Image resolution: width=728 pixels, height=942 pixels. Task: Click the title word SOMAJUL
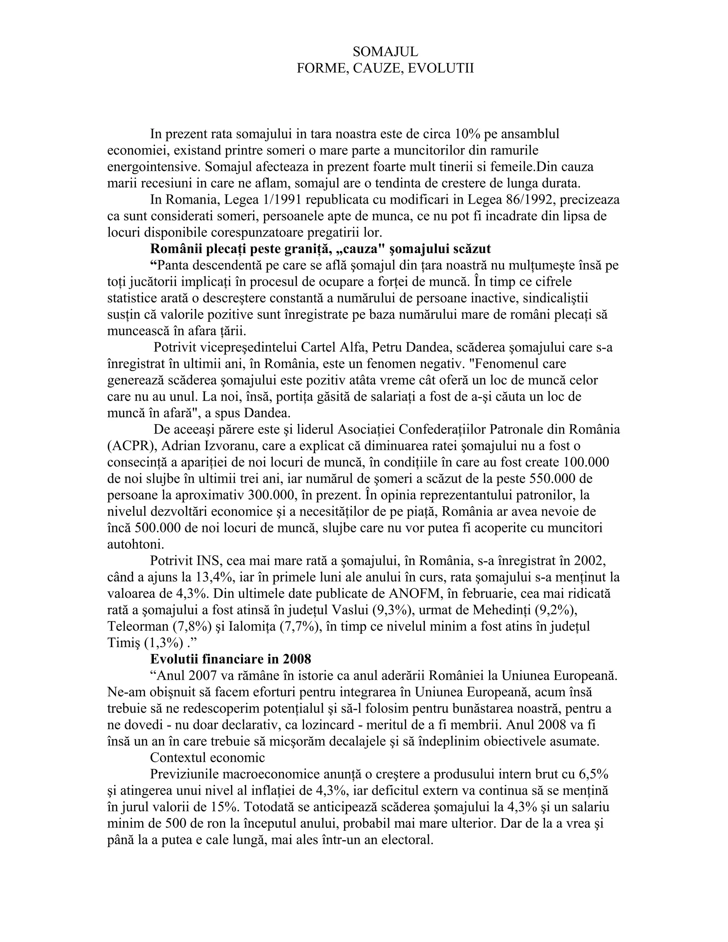[385, 52]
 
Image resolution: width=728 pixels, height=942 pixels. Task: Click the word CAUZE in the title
[378, 69]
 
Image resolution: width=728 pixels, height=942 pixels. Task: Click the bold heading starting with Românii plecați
[320, 249]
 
